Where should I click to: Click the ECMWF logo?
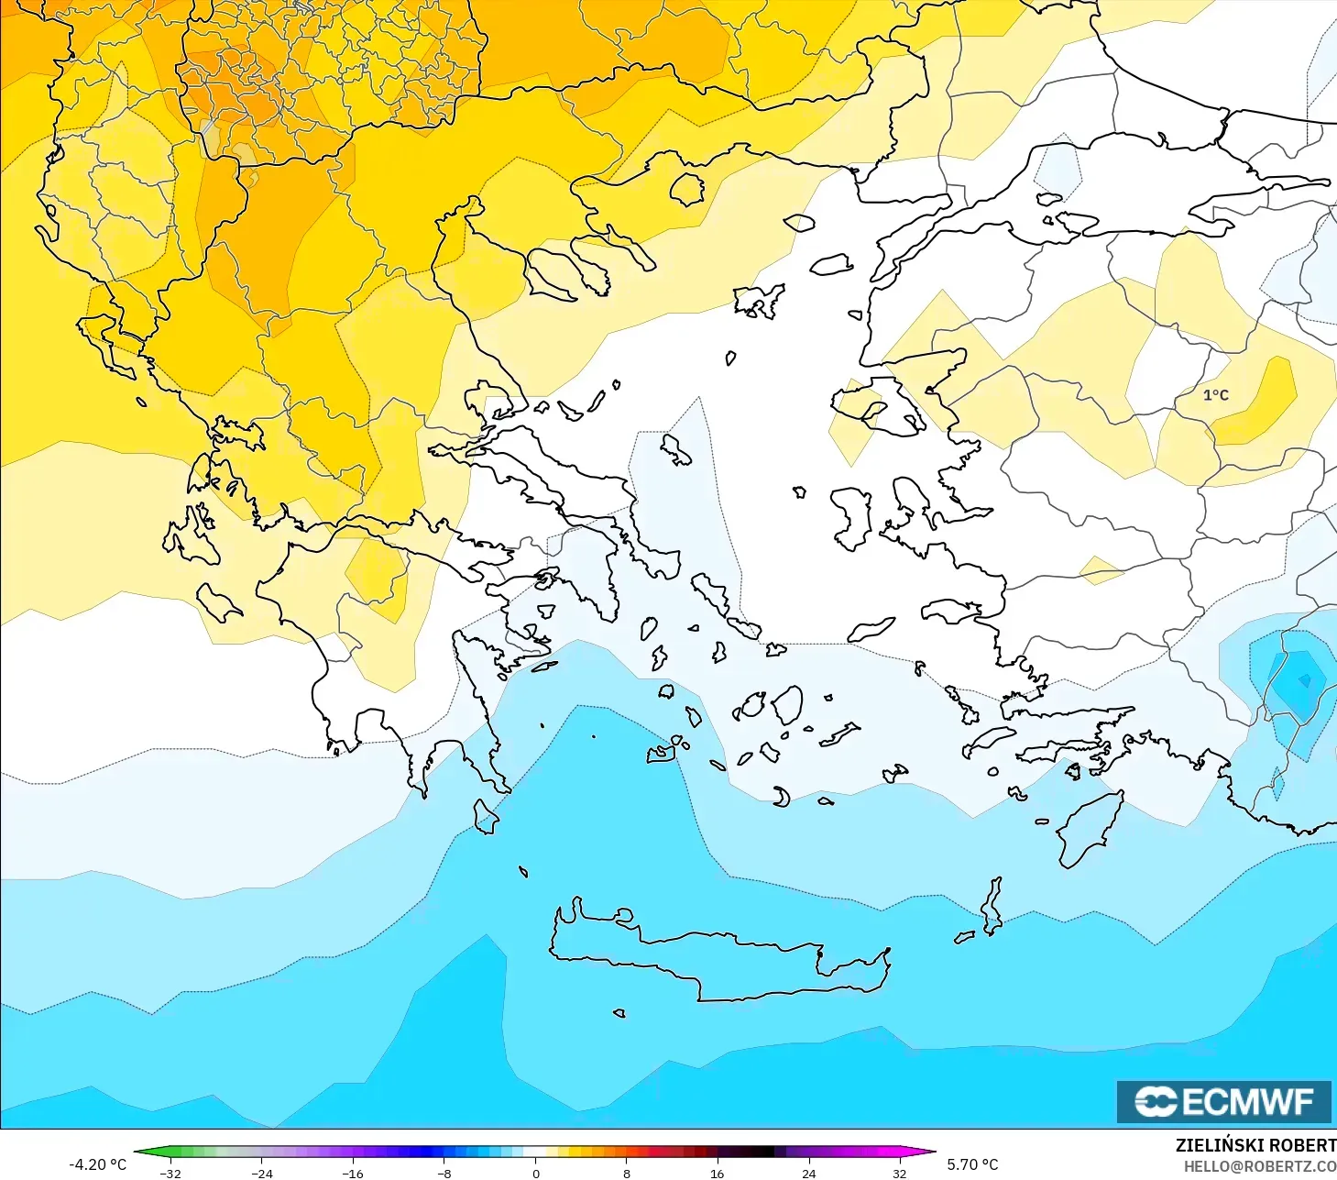point(1223,1101)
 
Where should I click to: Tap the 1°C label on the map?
point(1215,395)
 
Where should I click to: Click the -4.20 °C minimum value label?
point(98,1164)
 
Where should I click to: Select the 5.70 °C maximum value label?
point(972,1164)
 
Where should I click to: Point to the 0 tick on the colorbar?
point(536,1173)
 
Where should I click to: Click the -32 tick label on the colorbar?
point(170,1173)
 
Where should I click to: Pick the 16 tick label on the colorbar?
point(717,1173)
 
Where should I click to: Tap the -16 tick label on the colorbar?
point(353,1173)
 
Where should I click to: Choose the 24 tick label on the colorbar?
point(808,1173)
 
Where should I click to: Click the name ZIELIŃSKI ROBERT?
point(1255,1145)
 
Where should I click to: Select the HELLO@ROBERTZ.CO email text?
point(1259,1166)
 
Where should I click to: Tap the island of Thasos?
point(686,189)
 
